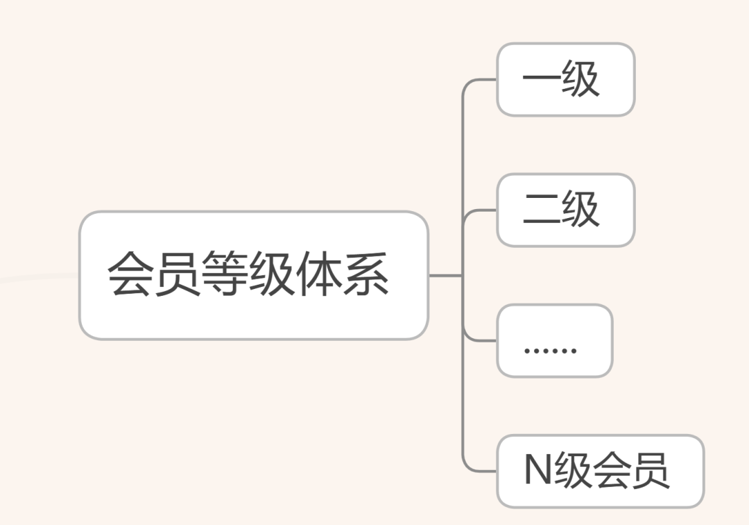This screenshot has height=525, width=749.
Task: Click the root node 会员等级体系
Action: [x=253, y=275]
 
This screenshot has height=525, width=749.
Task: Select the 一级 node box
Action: [x=565, y=79]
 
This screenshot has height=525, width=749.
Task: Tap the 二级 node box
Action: [x=565, y=210]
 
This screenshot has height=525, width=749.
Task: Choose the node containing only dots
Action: [x=554, y=340]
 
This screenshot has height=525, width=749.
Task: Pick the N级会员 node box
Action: [x=600, y=471]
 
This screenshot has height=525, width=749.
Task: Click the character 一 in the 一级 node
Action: [x=541, y=79]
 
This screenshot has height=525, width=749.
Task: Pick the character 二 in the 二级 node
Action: [x=541, y=210]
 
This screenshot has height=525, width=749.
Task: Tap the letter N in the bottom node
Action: [x=537, y=471]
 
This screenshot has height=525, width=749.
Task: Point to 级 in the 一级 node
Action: [x=580, y=79]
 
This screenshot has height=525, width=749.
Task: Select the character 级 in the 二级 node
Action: [x=580, y=210]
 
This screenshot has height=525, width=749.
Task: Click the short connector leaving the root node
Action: [x=445, y=275]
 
